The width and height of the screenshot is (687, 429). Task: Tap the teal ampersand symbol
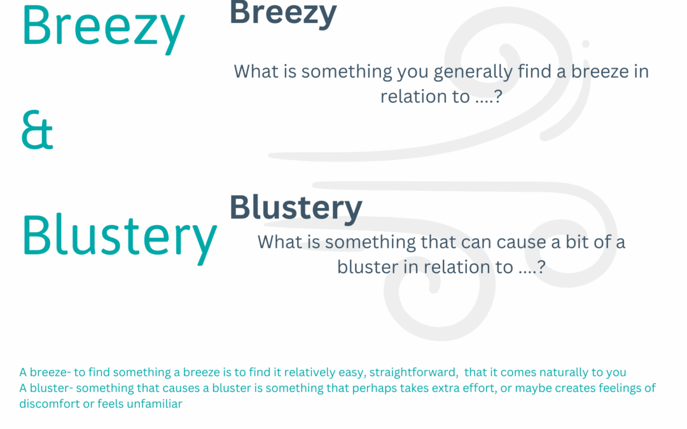[x=38, y=130]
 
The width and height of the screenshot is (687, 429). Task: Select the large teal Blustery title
[x=120, y=237]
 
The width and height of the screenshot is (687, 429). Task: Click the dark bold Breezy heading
[x=283, y=14]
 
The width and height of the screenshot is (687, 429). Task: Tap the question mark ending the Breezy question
[x=497, y=97]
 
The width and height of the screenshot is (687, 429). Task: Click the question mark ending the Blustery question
[x=541, y=267]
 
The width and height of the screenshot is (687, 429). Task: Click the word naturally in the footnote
[x=563, y=372]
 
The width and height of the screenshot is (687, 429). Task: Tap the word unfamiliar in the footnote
[x=154, y=404]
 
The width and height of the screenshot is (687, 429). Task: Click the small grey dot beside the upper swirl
[x=586, y=44]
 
